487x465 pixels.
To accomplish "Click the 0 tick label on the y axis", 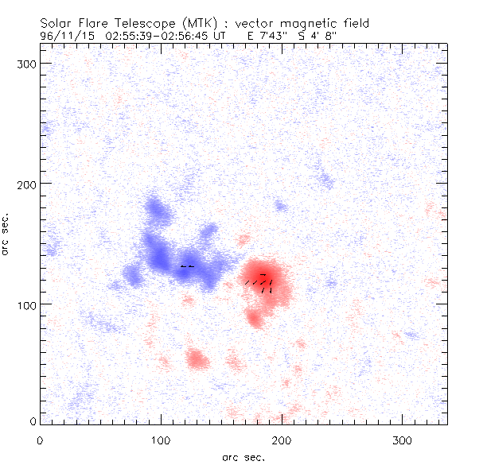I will coord(31,420).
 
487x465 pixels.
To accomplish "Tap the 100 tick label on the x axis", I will coord(161,440).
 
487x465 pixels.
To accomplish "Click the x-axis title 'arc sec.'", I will coord(243,456).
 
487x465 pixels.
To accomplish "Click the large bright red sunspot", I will coord(263,278).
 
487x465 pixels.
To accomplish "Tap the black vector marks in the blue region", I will coord(187,266).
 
